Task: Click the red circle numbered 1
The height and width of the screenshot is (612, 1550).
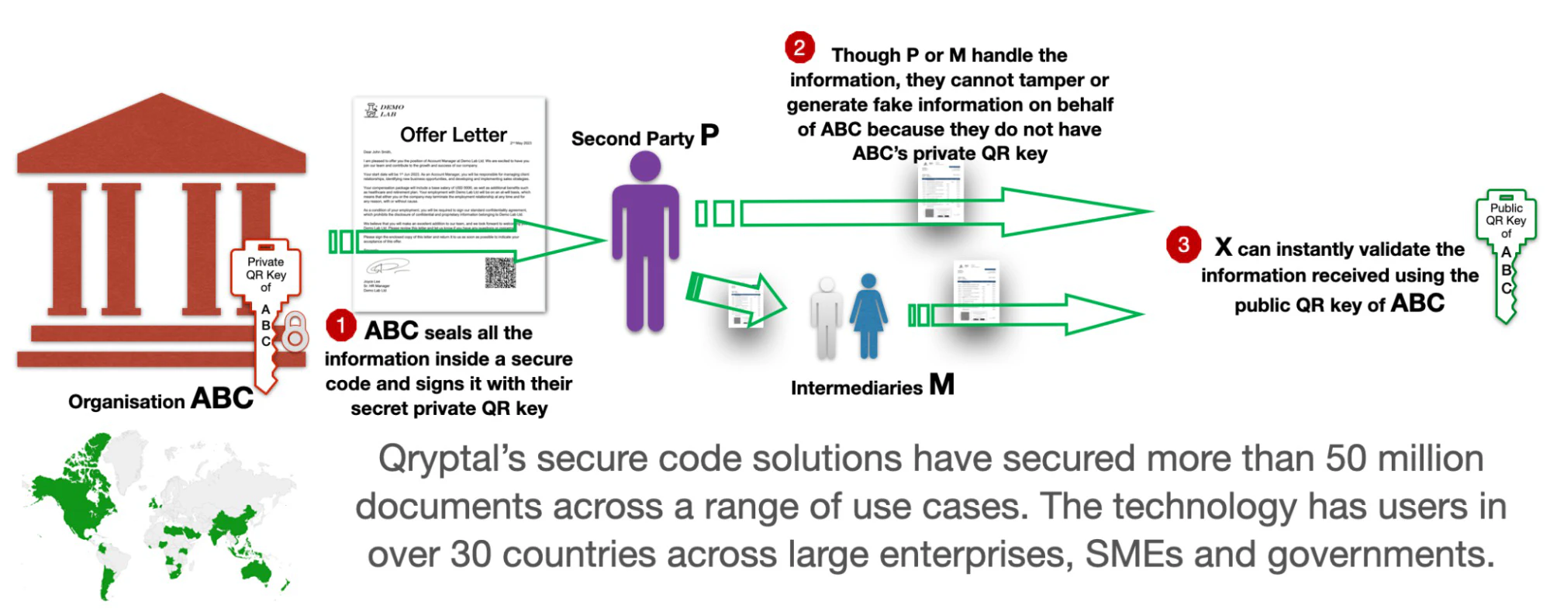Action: point(340,325)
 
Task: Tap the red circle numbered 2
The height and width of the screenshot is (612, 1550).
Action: point(799,47)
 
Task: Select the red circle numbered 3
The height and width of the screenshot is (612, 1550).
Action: point(1182,244)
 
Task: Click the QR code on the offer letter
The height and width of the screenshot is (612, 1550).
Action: point(500,272)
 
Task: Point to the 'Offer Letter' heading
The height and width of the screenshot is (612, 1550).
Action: point(453,135)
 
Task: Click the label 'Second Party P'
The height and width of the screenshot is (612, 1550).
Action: point(644,137)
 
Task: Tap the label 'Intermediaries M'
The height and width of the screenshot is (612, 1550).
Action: point(872,386)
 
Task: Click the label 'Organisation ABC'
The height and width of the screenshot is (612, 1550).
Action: point(161,399)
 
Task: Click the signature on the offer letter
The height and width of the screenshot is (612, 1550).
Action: point(385,268)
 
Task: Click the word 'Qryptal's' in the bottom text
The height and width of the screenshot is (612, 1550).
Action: point(451,458)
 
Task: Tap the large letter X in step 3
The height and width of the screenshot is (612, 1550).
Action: point(1223,247)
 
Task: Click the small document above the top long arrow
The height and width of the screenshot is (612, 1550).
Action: point(939,194)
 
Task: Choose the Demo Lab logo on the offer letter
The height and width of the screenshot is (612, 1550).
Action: point(385,110)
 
